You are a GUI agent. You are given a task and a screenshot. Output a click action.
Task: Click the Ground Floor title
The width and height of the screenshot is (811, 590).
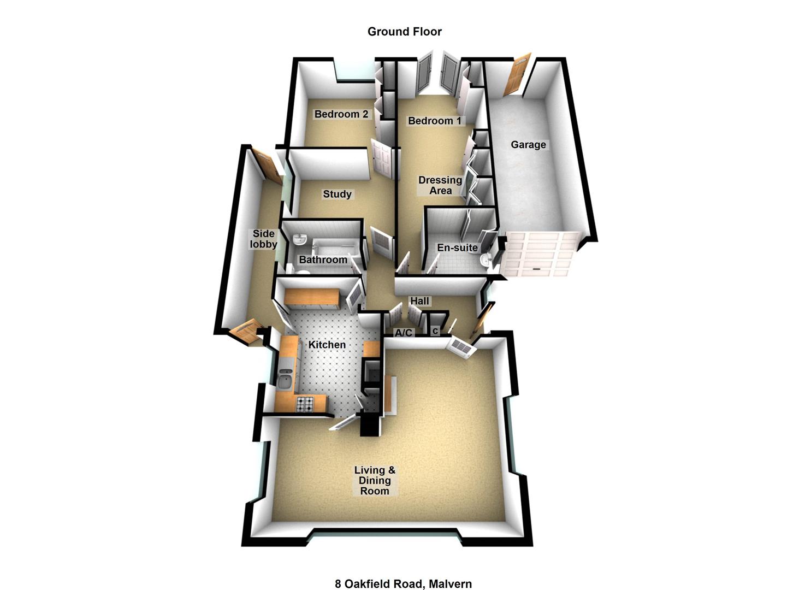click(x=404, y=32)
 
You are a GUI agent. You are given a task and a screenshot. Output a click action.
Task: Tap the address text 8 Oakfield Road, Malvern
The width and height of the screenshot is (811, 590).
click(x=403, y=583)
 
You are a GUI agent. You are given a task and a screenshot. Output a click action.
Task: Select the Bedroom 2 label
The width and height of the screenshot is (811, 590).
click(x=341, y=114)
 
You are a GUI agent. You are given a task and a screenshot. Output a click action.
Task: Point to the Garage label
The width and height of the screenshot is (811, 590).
click(x=528, y=145)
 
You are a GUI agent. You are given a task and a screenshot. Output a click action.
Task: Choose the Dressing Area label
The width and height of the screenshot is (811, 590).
click(x=440, y=185)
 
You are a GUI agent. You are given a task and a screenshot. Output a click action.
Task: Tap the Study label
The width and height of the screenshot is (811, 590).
click(x=337, y=194)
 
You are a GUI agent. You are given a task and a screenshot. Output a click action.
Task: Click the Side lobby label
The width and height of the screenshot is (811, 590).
click(x=263, y=239)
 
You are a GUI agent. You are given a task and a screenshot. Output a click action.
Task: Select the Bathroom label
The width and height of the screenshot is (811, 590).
click(x=323, y=259)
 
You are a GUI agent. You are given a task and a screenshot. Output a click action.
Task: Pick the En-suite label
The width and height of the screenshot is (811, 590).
click(x=457, y=247)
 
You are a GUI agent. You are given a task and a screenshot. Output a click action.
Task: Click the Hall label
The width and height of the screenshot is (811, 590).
click(x=419, y=301)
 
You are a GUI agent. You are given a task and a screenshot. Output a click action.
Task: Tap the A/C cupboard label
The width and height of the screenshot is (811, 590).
click(x=404, y=333)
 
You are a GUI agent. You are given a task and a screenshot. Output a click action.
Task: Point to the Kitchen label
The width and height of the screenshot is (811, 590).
click(x=327, y=345)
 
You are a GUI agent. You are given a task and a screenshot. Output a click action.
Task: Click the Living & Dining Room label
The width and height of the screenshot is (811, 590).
click(x=375, y=480)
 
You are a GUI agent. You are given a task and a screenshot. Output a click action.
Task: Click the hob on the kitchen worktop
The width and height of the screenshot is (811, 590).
click(x=305, y=404)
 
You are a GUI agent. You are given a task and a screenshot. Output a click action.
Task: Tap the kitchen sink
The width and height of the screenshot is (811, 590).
click(x=285, y=378)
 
